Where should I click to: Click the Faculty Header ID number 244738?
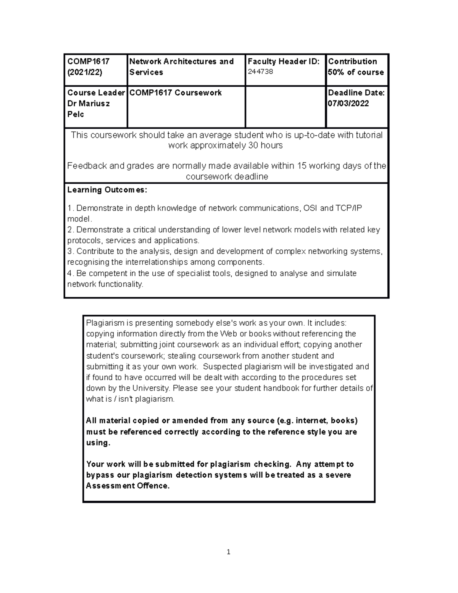tap(260, 72)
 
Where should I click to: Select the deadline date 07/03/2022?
tap(348, 103)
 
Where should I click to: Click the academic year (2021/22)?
tap(85, 72)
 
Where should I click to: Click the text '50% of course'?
tap(356, 72)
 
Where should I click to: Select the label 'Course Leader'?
tap(96, 93)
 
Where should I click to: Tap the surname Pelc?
tap(76, 114)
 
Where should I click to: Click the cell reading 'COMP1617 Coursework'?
tap(176, 93)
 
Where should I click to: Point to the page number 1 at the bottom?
tap(228, 552)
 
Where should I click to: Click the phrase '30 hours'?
tap(265, 145)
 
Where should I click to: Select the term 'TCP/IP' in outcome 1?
tap(349, 208)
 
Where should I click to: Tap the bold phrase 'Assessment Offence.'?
tap(127, 486)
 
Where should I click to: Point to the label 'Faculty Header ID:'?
tap(284, 61)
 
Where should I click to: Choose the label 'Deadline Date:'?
tap(356, 93)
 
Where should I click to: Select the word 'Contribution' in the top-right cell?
tap(352, 61)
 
